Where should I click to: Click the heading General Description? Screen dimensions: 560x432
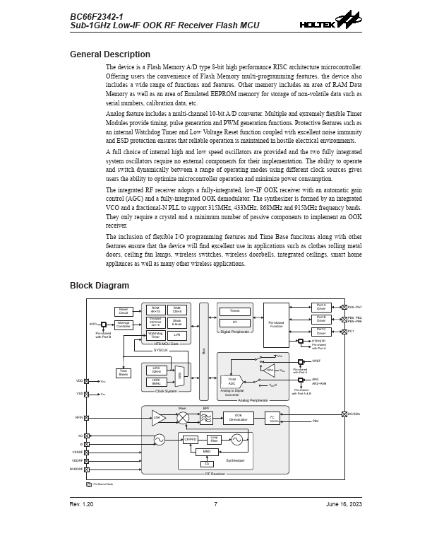pyautogui.click(x=109, y=54)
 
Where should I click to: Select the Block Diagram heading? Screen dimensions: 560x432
pyautogui.click(x=100, y=286)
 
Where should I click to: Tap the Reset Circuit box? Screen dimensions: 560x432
pyautogui.click(x=124, y=311)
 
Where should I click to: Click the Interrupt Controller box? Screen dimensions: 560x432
pyautogui.click(x=124, y=325)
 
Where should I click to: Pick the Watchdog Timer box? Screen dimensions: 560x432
pyautogui.click(x=155, y=335)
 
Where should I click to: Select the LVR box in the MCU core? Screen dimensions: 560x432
pyautogui.click(x=177, y=335)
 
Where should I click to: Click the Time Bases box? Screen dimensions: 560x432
pyautogui.click(x=124, y=372)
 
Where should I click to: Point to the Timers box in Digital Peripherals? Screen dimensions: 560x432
pyautogui.click(x=234, y=311)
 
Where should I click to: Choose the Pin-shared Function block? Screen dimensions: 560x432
pyautogui.click(x=276, y=325)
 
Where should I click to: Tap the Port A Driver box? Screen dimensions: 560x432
pyautogui.click(x=321, y=308)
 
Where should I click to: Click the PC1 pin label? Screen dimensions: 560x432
pyautogui.click(x=351, y=331)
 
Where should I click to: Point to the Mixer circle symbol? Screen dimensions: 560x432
pyautogui.click(x=183, y=418)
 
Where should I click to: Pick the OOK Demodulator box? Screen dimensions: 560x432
pyautogui.click(x=238, y=418)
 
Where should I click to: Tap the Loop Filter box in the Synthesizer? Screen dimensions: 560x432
pyautogui.click(x=213, y=439)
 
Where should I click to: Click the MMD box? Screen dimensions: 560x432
pyautogui.click(x=207, y=451)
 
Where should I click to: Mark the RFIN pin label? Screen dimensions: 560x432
pyautogui.click(x=79, y=418)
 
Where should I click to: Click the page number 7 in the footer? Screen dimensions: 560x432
pyautogui.click(x=215, y=504)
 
